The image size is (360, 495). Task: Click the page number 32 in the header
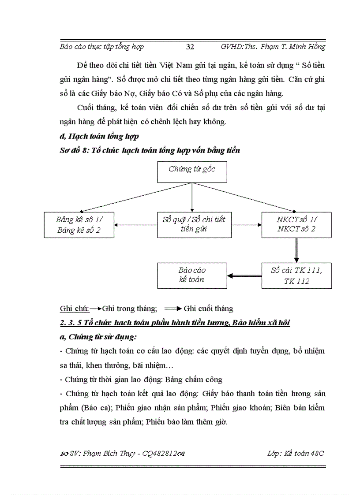[190, 47]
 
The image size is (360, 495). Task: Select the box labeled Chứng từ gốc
[192, 172]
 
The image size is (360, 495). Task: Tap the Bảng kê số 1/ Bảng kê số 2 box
[79, 225]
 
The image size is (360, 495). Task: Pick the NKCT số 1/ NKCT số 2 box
[296, 225]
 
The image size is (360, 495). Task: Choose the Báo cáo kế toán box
[192, 275]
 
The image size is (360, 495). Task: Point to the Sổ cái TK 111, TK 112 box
[296, 275]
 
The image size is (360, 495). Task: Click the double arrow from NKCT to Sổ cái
[296, 250]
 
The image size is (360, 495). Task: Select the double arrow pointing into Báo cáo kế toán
[244, 276]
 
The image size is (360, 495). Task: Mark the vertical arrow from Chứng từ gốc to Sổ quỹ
[192, 197]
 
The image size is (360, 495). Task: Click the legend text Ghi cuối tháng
[208, 309]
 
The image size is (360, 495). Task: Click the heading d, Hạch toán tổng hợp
[99, 137]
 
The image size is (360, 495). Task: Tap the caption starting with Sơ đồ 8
[150, 150]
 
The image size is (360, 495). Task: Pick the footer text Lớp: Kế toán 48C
[296, 453]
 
